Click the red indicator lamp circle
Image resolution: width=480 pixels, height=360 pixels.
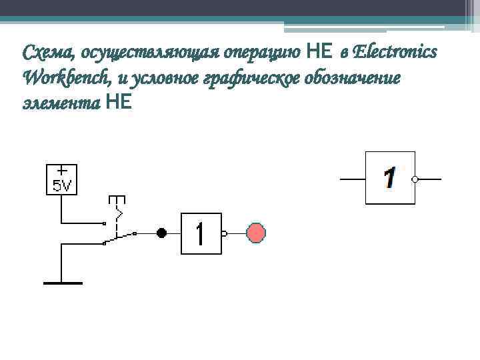pos(256,233)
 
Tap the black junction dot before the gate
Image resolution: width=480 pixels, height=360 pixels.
pos(161,233)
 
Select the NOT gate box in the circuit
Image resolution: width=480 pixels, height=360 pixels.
pos(201,233)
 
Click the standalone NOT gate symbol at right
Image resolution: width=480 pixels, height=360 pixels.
pos(390,178)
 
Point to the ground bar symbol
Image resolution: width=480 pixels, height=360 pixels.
pos(63,283)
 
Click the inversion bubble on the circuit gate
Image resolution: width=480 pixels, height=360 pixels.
pos(224,233)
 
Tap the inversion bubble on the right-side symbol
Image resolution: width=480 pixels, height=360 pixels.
pos(415,179)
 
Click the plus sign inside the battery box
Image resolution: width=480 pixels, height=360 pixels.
pos(61,171)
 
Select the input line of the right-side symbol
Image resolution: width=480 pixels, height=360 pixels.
pos(353,179)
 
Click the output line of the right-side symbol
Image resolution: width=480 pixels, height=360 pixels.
pos(429,179)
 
